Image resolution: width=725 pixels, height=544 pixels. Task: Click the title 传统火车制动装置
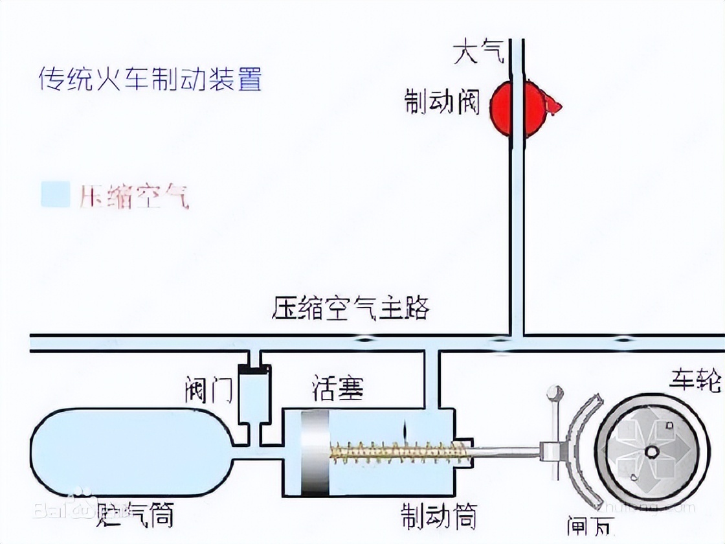[x=150, y=80]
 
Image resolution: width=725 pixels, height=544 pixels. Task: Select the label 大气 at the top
[x=478, y=52]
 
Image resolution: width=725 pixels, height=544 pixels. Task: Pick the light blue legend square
[x=55, y=195]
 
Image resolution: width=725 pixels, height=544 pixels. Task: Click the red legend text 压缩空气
[x=134, y=196]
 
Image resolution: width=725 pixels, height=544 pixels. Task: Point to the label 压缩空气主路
[x=351, y=308]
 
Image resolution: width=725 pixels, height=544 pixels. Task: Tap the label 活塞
[x=337, y=388]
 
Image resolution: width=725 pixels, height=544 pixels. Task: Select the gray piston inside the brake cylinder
[x=315, y=454]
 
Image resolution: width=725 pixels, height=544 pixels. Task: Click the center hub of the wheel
[x=651, y=451]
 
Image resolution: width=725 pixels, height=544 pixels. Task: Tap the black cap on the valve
[x=254, y=370]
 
